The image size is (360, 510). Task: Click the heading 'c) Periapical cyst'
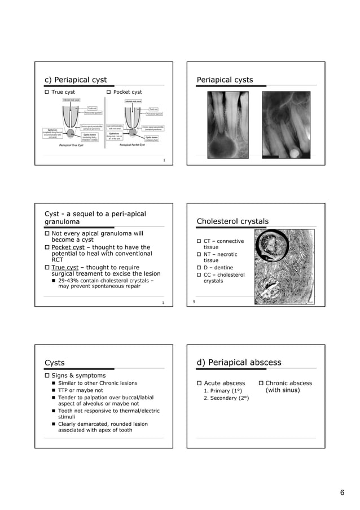click(76, 80)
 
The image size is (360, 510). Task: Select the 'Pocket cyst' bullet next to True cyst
click(127, 92)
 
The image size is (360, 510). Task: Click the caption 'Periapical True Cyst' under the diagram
click(76, 145)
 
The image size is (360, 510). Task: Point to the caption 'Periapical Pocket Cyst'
click(133, 145)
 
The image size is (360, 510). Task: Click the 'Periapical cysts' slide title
click(225, 80)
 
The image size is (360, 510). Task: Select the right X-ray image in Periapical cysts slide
click(286, 124)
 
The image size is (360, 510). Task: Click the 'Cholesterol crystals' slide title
click(232, 221)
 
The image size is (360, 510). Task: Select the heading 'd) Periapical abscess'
click(239, 362)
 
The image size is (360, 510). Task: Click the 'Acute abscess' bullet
click(224, 383)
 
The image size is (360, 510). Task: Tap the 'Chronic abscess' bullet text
click(288, 383)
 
